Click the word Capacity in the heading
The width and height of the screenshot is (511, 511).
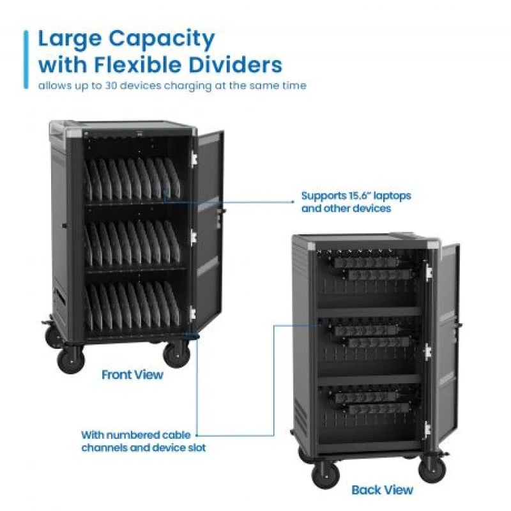(x=162, y=40)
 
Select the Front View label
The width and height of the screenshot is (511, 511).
(x=132, y=375)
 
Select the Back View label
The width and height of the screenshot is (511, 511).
(x=382, y=490)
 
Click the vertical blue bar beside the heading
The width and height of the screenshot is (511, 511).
(x=26, y=59)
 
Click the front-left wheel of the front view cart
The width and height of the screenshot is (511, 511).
(x=71, y=359)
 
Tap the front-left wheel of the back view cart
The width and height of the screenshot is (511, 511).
(x=326, y=475)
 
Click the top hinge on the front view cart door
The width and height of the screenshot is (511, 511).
(x=194, y=158)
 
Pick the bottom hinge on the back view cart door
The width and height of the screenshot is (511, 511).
(x=427, y=429)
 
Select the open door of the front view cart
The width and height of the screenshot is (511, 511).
(x=210, y=228)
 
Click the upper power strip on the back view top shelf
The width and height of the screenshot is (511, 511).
(x=365, y=263)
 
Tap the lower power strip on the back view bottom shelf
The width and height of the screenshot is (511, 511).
(x=378, y=408)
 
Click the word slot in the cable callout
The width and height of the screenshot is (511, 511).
(x=195, y=448)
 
